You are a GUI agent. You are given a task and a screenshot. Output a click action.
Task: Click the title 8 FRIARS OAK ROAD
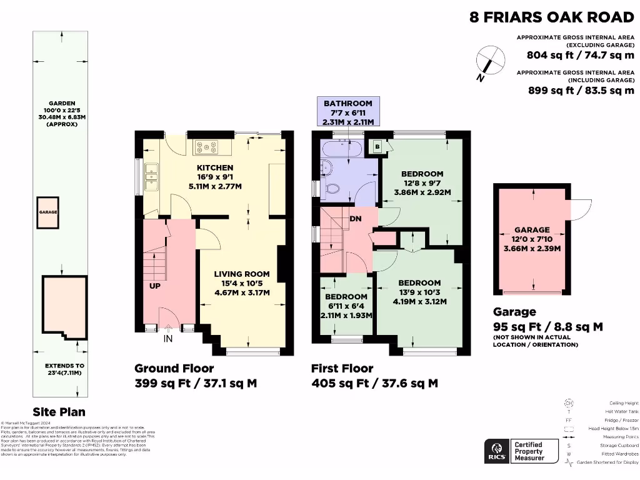click(552, 16)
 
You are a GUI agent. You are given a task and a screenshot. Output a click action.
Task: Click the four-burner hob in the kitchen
click(206, 147)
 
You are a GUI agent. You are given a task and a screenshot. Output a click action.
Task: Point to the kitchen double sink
click(152, 177)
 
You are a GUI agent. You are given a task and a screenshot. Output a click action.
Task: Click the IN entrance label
click(167, 339)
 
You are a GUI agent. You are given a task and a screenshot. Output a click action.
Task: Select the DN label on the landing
click(356, 219)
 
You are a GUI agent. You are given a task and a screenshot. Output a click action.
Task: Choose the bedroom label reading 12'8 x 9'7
click(422, 183)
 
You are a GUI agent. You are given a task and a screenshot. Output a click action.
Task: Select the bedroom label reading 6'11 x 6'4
click(346, 306)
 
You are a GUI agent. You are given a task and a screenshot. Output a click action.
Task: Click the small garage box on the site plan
click(48, 212)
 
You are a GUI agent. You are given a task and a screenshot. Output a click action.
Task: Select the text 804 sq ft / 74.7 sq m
click(580, 54)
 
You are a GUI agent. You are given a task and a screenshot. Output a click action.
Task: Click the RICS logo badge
click(497, 450)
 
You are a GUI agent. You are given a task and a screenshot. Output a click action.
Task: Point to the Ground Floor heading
click(174, 368)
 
